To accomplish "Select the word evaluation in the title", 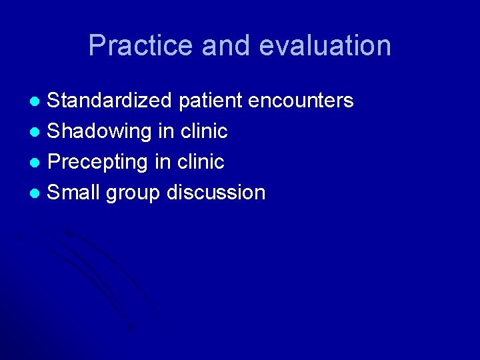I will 325,46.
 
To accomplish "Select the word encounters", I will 301,101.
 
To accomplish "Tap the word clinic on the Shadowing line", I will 203,131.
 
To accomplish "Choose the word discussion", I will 216,193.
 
